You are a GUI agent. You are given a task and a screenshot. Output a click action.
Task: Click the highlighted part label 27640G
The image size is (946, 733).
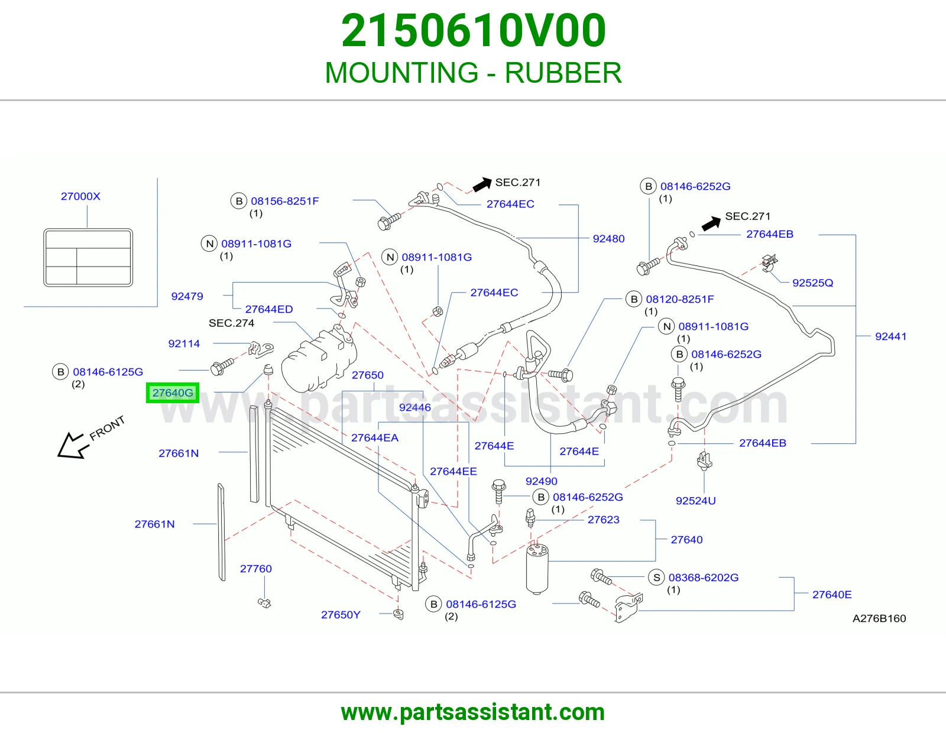(173, 393)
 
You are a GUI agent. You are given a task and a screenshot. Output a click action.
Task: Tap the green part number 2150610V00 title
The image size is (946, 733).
(473, 31)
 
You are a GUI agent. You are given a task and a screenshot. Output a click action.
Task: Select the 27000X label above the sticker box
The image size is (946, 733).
(80, 196)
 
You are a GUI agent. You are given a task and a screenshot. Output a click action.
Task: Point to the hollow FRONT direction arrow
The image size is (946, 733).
(72, 445)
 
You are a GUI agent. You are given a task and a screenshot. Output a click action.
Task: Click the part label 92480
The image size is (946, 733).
(608, 239)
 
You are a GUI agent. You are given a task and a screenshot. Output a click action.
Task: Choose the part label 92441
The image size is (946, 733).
(890, 336)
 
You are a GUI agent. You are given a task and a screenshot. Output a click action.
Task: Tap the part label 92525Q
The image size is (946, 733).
(813, 283)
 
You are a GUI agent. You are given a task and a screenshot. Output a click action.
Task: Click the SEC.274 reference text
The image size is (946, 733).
(231, 323)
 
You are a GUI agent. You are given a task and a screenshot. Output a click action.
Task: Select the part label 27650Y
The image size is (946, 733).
(341, 615)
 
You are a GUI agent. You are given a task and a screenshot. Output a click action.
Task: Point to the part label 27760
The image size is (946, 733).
(256, 569)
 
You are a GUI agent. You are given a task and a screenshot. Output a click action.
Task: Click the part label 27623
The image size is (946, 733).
(604, 519)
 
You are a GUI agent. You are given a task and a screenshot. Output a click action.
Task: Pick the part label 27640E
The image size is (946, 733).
(832, 595)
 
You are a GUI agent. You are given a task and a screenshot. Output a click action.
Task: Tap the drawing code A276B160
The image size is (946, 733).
(879, 618)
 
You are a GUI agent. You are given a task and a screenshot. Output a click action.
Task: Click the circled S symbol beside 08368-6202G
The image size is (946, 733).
(656, 578)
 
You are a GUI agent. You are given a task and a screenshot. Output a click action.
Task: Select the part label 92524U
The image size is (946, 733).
(696, 501)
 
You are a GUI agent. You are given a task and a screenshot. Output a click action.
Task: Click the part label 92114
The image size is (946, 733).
(184, 343)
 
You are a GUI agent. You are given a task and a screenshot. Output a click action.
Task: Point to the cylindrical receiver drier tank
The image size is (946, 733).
(537, 569)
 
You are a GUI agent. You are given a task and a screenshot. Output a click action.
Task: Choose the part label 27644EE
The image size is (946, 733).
(453, 471)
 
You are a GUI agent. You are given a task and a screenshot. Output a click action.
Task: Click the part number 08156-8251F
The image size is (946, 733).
(285, 201)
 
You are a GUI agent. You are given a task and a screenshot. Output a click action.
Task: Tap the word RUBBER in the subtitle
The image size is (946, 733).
(563, 73)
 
